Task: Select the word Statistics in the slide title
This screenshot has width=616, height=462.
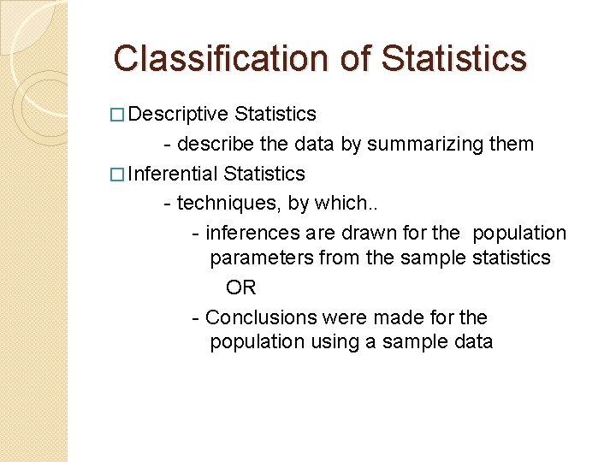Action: pos(453,58)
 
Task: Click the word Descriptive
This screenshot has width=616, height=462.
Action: pos(179,114)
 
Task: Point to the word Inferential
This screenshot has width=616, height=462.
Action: pos(172,174)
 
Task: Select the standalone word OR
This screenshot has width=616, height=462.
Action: pos(240,287)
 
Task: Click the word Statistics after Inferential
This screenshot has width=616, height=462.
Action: pos(264,174)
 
